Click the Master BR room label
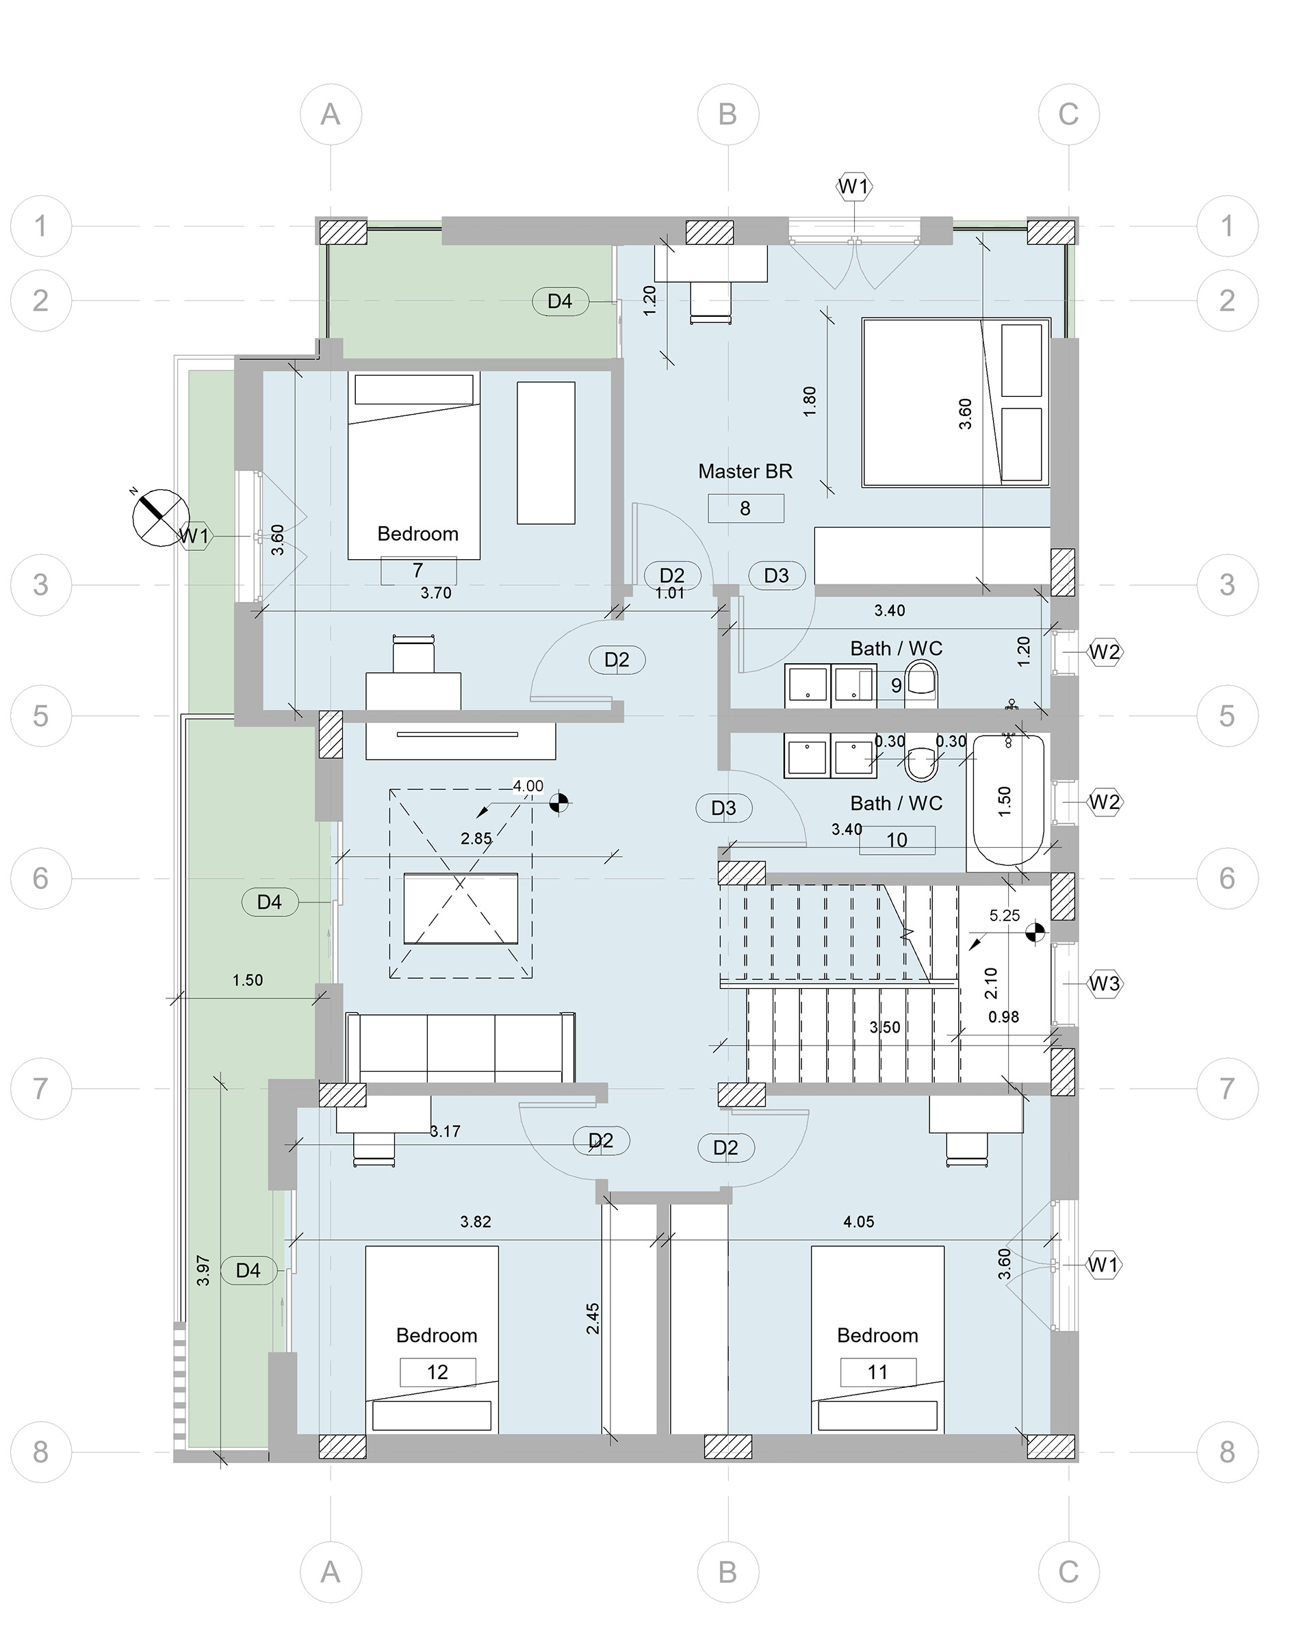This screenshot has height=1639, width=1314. (745, 472)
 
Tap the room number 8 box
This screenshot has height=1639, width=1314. (745, 508)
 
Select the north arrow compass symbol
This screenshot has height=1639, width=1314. (160, 517)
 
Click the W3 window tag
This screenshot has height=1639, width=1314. (1104, 983)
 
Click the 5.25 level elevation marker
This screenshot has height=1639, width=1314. (1035, 932)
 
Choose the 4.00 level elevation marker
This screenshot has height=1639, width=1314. (559, 802)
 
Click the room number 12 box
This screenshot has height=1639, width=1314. (437, 1372)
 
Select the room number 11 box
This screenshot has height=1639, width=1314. (878, 1372)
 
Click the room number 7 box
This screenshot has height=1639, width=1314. (418, 570)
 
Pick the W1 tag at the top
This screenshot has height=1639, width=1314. (853, 186)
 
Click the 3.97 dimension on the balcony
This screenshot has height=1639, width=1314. (203, 1270)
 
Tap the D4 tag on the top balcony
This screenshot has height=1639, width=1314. (560, 301)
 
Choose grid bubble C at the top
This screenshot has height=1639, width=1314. (1068, 114)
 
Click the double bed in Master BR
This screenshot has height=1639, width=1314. (956, 402)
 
